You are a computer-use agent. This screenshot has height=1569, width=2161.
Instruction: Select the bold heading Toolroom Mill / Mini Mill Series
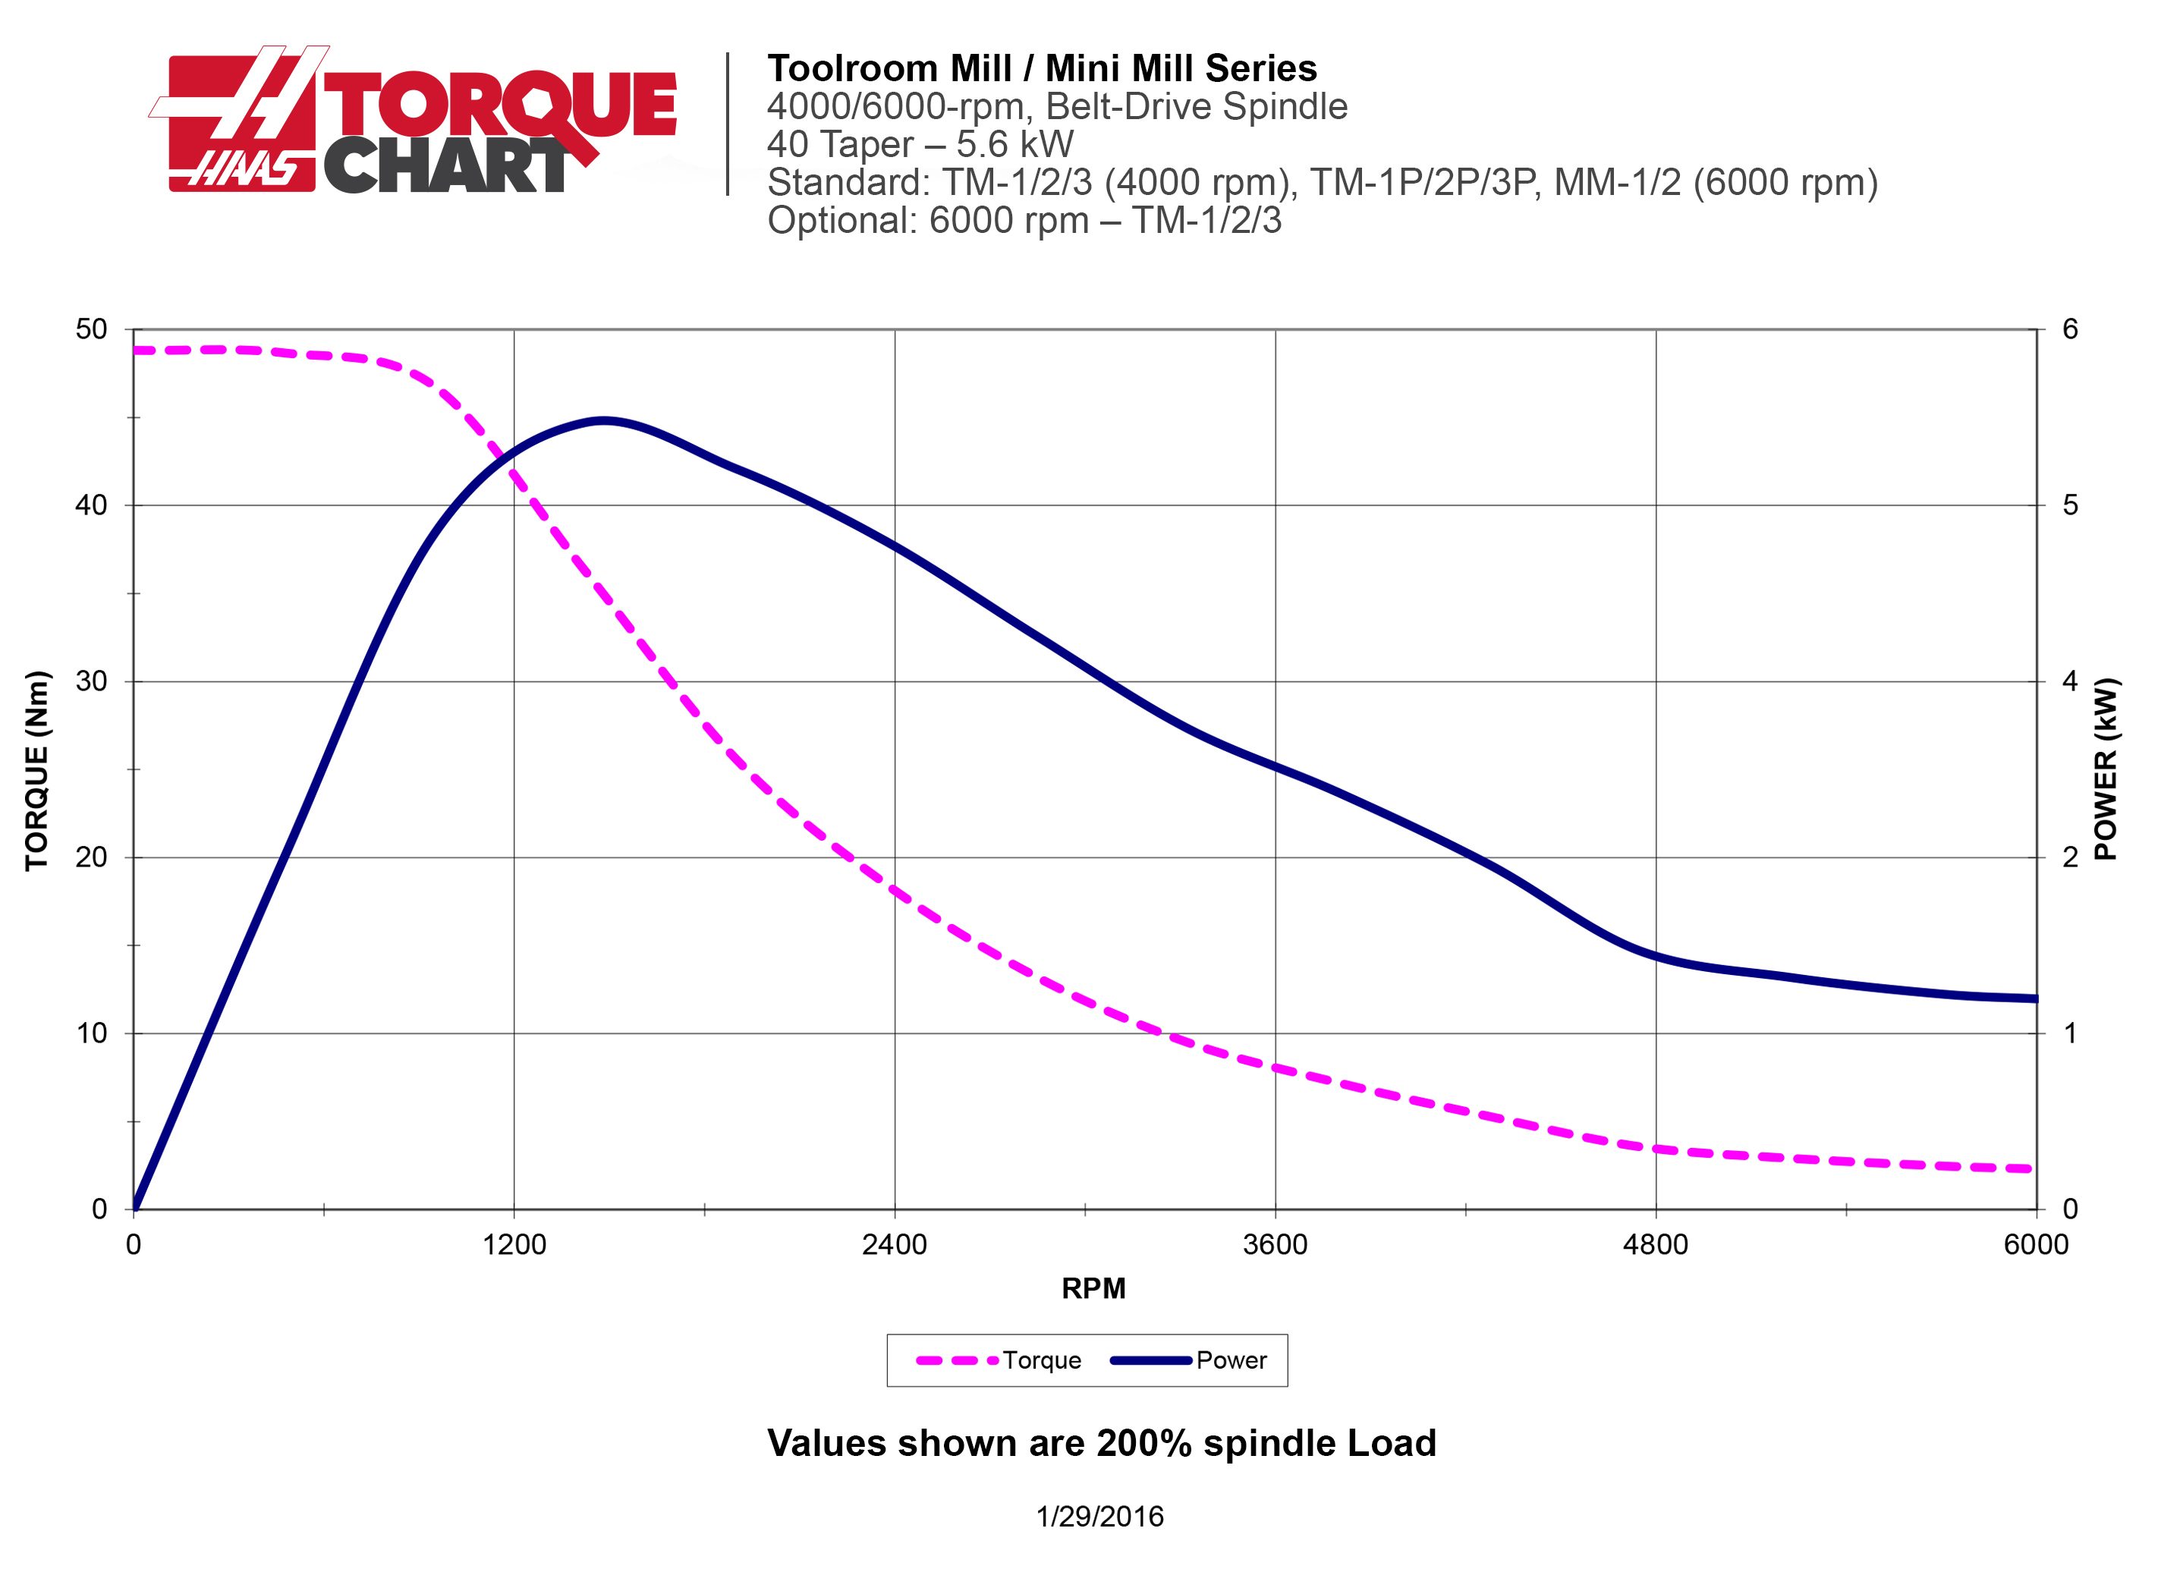pyautogui.click(x=1042, y=68)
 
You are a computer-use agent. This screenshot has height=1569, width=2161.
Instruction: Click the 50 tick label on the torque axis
pyautogui.click(x=92, y=329)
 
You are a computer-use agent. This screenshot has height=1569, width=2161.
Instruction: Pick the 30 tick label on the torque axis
pyautogui.click(x=92, y=682)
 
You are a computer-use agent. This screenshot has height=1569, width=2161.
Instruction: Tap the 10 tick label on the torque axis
pyautogui.click(x=92, y=1033)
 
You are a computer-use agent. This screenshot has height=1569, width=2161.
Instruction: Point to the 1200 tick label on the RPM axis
pyautogui.click(x=514, y=1245)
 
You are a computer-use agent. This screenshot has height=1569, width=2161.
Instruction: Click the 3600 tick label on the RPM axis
pyautogui.click(x=1275, y=1245)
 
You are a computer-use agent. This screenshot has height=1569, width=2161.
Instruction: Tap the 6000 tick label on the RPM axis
pyautogui.click(x=2036, y=1245)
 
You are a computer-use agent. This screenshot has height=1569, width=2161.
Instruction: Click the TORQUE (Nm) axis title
pyautogui.click(x=36, y=772)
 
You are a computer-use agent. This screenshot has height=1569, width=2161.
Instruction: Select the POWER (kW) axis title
pyautogui.click(x=2106, y=770)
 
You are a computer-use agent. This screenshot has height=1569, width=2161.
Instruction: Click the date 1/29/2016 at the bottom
pyautogui.click(x=1099, y=1517)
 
